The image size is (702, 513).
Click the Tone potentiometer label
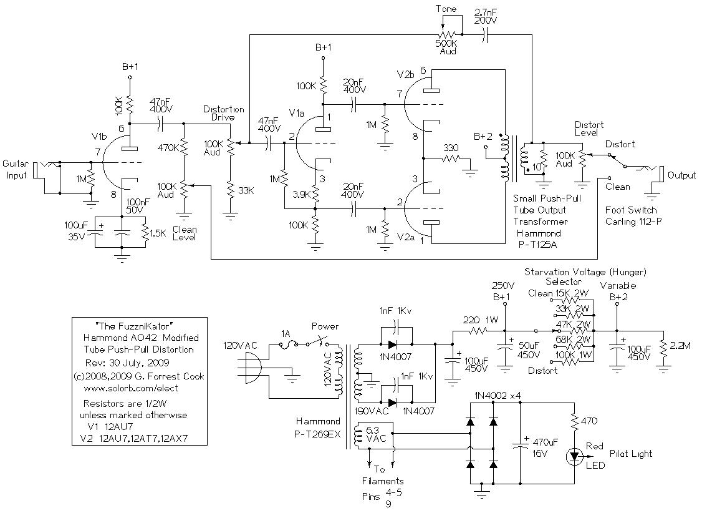[446, 9]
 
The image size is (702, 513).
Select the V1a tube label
[297, 114]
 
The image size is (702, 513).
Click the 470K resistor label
[167, 149]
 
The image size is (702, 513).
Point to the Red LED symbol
[573, 456]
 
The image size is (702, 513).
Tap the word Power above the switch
[325, 326]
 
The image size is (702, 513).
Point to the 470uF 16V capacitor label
[544, 447]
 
